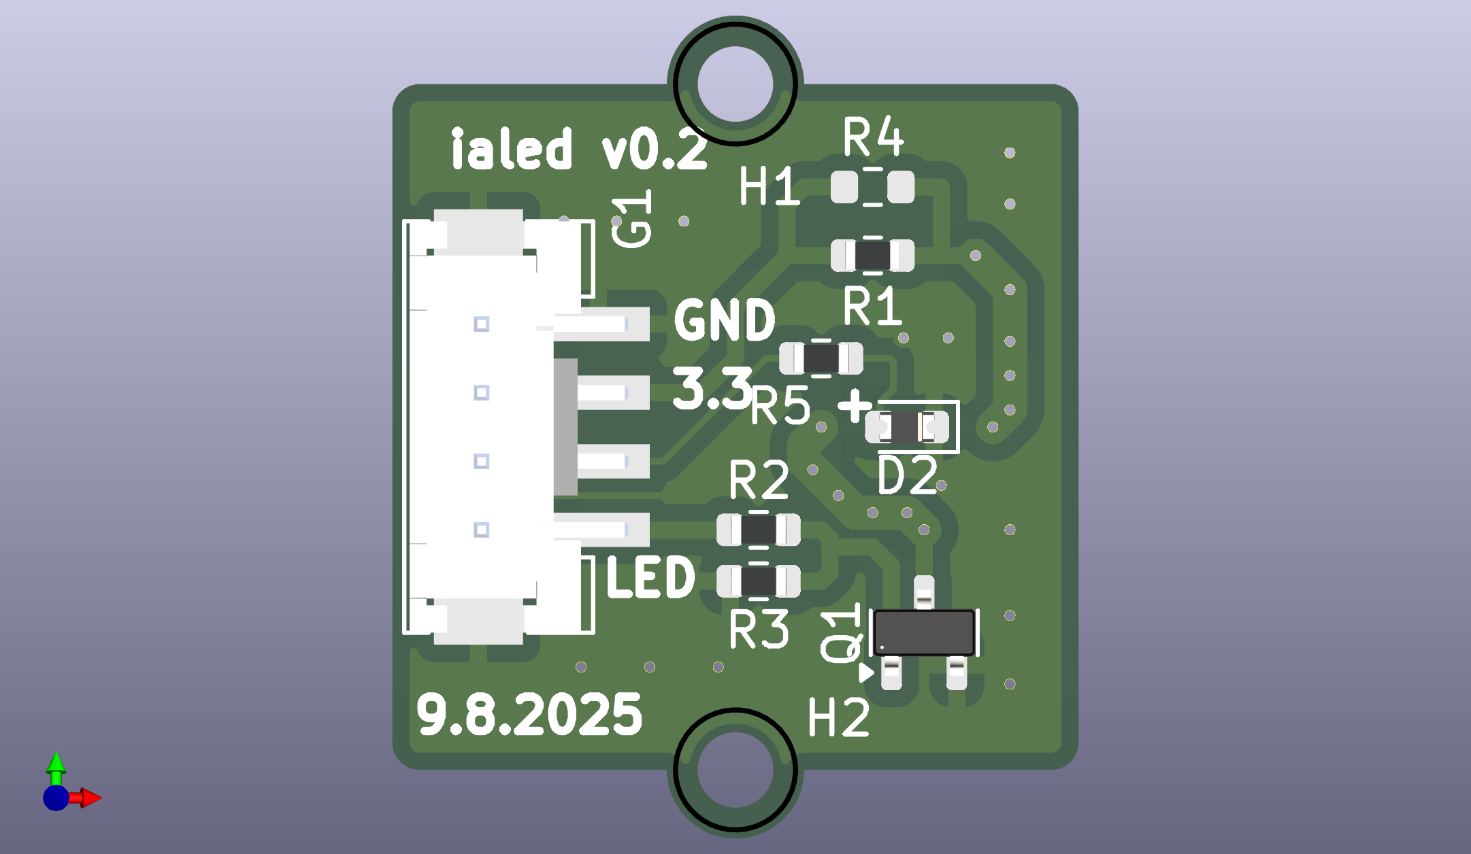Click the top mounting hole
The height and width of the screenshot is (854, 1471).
pos(735,84)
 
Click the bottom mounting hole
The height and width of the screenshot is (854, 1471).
pos(735,770)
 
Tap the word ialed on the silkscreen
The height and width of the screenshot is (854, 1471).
pos(512,149)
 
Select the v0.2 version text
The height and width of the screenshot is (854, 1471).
pos(654,150)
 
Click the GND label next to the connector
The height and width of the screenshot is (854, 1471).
pos(725,320)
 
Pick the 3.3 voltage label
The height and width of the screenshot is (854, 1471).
pos(712,388)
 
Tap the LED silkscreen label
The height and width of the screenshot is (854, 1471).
pos(650,577)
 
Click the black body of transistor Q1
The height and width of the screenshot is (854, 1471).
pos(923,632)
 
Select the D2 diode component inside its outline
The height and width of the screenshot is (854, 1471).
pos(906,427)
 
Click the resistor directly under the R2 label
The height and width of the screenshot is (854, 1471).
pos(758,530)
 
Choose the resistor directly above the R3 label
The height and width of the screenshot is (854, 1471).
pos(758,581)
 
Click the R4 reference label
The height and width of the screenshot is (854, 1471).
pos(873,137)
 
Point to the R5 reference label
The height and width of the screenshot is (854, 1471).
pos(780,406)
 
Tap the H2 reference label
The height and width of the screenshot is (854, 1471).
pos(838,718)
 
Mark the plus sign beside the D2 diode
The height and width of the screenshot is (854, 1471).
pos(855,406)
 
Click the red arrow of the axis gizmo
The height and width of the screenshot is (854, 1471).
pos(89,798)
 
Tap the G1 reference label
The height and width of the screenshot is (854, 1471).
pos(632,220)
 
